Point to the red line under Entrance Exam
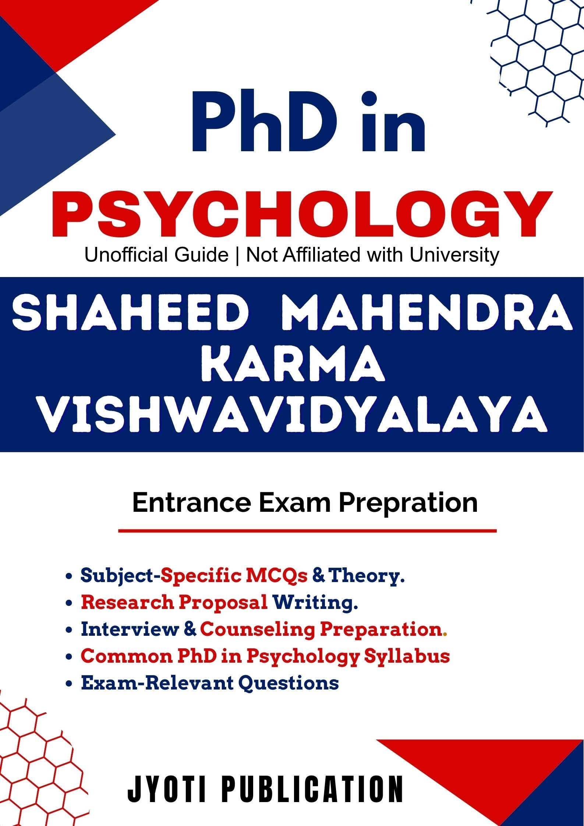pos(307,531)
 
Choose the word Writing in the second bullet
pos(315,603)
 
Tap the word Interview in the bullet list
pos(130,629)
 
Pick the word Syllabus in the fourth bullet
pos(407,656)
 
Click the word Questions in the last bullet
pos(289,683)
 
